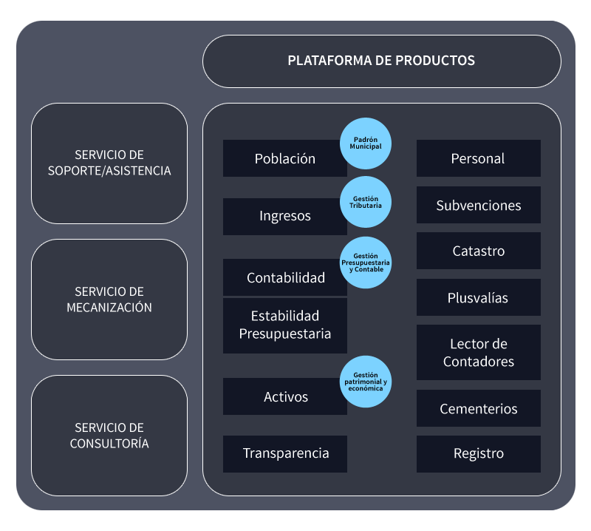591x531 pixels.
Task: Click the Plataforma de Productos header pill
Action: pos(381,61)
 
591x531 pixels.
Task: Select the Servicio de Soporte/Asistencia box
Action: pos(109,163)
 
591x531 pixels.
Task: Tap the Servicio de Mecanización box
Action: pos(109,300)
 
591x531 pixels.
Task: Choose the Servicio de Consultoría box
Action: pos(109,436)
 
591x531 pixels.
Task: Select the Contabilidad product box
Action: pos(284,278)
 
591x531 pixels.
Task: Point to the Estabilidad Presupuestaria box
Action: pos(284,325)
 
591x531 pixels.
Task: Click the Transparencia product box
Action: pos(285,453)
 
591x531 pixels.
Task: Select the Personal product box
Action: pos(478,158)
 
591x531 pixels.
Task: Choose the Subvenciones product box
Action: pos(478,205)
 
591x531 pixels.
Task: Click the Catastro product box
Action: pos(478,251)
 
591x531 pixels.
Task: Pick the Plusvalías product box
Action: pos(478,297)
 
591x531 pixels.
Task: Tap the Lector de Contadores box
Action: pos(478,352)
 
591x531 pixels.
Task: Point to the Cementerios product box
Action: pos(478,408)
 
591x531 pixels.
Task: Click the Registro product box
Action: pos(478,453)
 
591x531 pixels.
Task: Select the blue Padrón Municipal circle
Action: pos(366,143)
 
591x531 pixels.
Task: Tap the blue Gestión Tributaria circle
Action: pos(366,202)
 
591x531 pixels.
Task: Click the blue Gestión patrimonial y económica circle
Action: pos(366,382)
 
